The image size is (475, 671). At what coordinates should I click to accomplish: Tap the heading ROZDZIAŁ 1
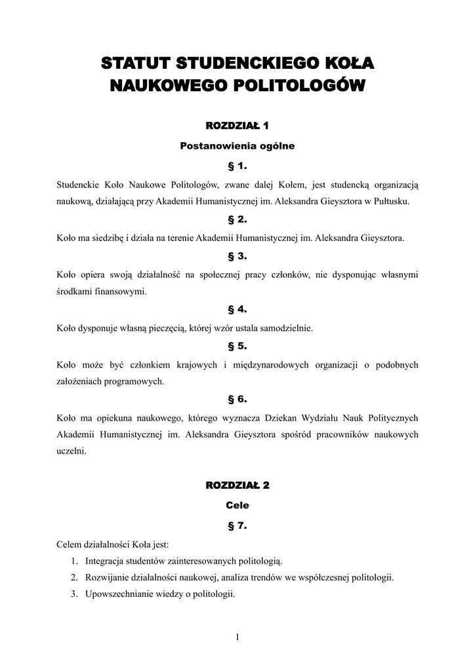point(237,125)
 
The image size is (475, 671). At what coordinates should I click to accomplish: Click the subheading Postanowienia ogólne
point(237,146)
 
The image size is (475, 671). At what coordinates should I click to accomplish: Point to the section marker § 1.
point(237,166)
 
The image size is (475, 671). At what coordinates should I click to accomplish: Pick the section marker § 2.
point(237,220)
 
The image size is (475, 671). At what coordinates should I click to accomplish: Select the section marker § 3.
point(237,256)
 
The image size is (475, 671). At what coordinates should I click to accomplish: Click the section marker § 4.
point(237,309)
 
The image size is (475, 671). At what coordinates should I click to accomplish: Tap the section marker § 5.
point(237,345)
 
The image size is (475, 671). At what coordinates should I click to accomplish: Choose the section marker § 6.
point(237,399)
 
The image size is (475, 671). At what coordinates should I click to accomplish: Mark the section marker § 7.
point(237,525)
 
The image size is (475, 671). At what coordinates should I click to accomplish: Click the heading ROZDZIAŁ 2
point(237,486)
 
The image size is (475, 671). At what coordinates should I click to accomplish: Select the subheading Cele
point(237,505)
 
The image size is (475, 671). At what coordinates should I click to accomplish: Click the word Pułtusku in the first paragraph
point(392,202)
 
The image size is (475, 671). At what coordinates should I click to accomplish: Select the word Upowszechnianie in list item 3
point(116,594)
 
